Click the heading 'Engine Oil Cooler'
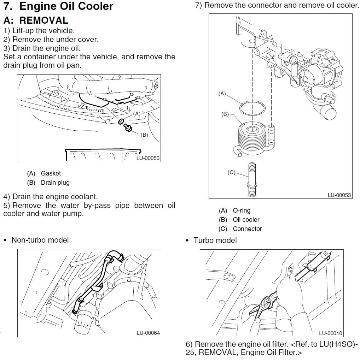(x=66, y=6)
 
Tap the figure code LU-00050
(x=148, y=158)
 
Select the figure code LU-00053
(x=339, y=195)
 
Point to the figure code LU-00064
(x=148, y=333)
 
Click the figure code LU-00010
(x=330, y=333)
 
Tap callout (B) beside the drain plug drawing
(x=144, y=135)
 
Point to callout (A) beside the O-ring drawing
(x=222, y=94)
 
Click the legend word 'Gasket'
(x=51, y=173)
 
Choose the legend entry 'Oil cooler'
(x=246, y=220)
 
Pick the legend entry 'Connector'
(x=247, y=229)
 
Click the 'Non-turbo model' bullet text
(x=40, y=240)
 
